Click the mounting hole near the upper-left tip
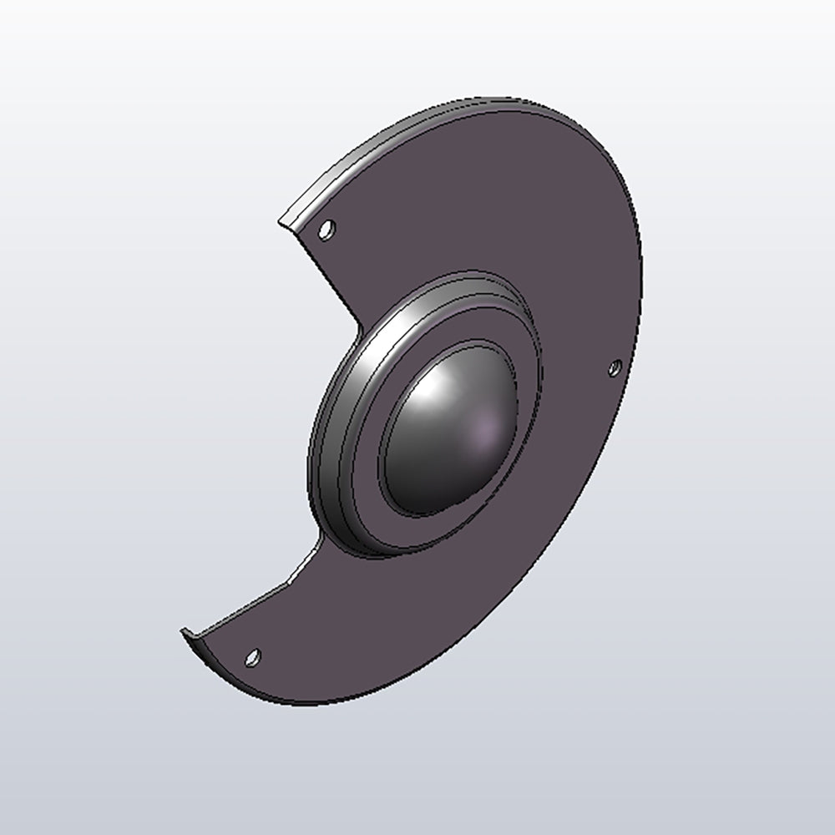tap(326, 229)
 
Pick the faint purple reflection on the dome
tap(483, 433)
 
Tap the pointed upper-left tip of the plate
tap(281, 222)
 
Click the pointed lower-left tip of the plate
tap(184, 633)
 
